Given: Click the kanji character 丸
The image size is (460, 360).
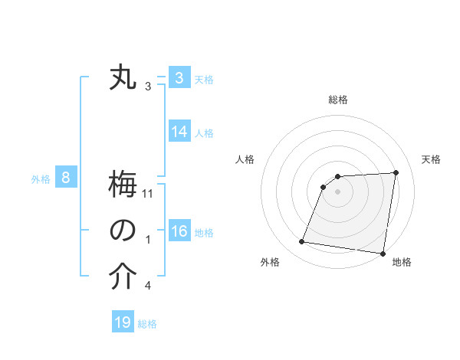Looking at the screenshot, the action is pos(123,78).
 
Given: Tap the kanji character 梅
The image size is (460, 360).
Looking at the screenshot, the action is pos(123,186).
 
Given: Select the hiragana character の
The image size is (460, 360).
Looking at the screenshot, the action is pos(123,231).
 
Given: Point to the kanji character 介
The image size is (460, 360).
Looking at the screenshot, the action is pos(123,278).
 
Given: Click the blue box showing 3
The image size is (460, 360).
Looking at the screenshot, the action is pos(179,78).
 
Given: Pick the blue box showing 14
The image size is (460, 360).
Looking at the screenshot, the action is pos(179,132).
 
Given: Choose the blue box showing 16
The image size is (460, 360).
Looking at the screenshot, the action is pos(179,231).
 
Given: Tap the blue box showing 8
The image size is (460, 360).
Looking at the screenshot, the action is pos(66,178).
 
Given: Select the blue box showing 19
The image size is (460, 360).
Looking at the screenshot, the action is pos(123,322).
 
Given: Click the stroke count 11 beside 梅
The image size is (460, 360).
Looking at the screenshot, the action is pos(148,194).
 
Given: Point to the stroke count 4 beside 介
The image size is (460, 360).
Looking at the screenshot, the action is pos(148,286).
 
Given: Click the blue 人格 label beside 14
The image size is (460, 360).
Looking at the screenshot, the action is pos(204,133).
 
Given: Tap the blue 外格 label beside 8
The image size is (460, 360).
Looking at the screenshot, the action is pos(41,179).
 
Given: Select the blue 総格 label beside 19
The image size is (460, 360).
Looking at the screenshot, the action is pos(147,324).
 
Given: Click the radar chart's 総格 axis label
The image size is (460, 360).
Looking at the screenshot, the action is pos(338,100).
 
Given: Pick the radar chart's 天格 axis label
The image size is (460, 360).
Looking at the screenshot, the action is pos(431,159).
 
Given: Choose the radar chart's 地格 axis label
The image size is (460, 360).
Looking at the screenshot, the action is pos(402,262).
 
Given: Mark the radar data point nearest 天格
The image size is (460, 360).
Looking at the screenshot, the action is pos(396,172).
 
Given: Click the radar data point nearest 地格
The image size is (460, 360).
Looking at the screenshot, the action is pos(382,253).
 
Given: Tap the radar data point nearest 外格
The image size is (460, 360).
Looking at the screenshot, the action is pos(302,242).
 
